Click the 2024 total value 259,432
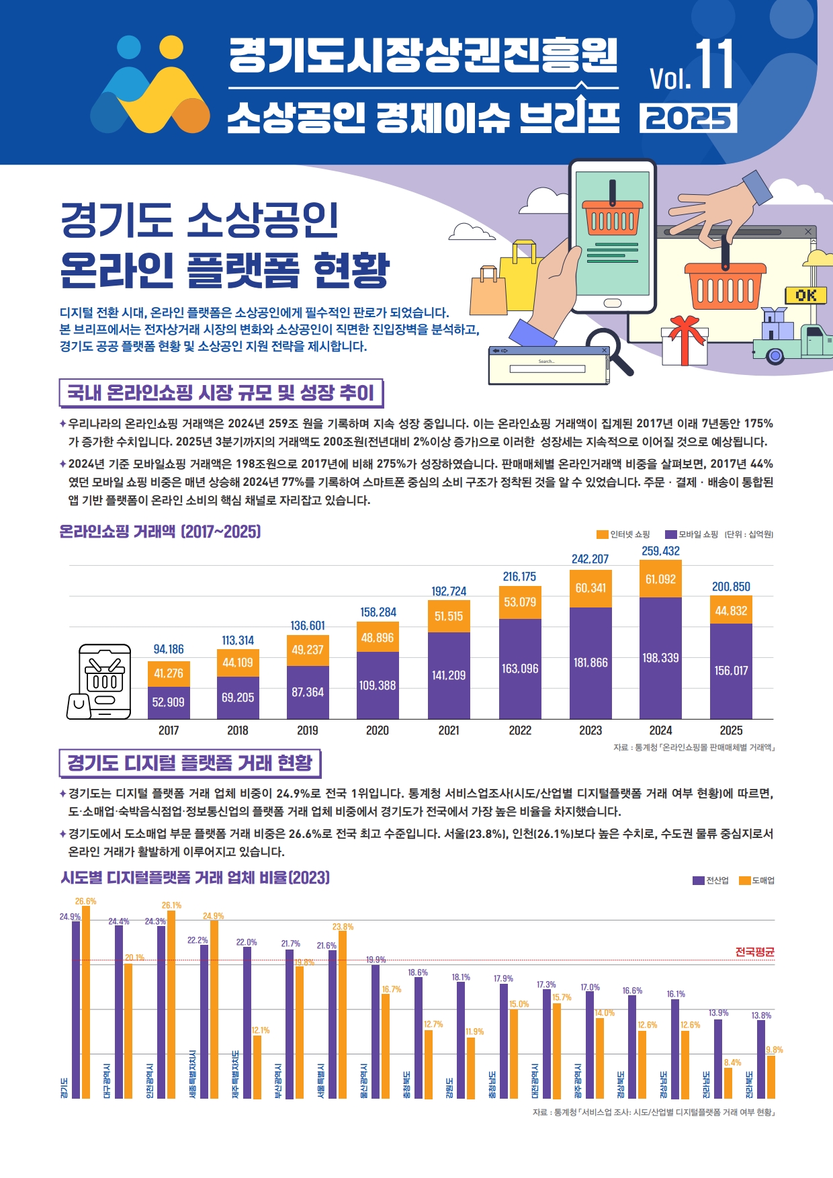[660, 551]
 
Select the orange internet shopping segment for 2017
[169, 673]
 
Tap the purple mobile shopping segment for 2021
[449, 675]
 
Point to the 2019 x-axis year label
[308, 730]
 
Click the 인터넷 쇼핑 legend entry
[623, 534]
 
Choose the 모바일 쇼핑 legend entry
[691, 534]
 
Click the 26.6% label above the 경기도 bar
[85, 901]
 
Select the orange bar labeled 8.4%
[728, 1083]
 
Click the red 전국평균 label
[754, 952]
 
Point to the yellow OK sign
[805, 295]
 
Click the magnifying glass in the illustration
[611, 350]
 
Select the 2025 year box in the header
[689, 118]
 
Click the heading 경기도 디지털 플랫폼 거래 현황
[189, 763]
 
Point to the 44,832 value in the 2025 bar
[731, 611]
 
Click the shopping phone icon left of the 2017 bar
[104, 681]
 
